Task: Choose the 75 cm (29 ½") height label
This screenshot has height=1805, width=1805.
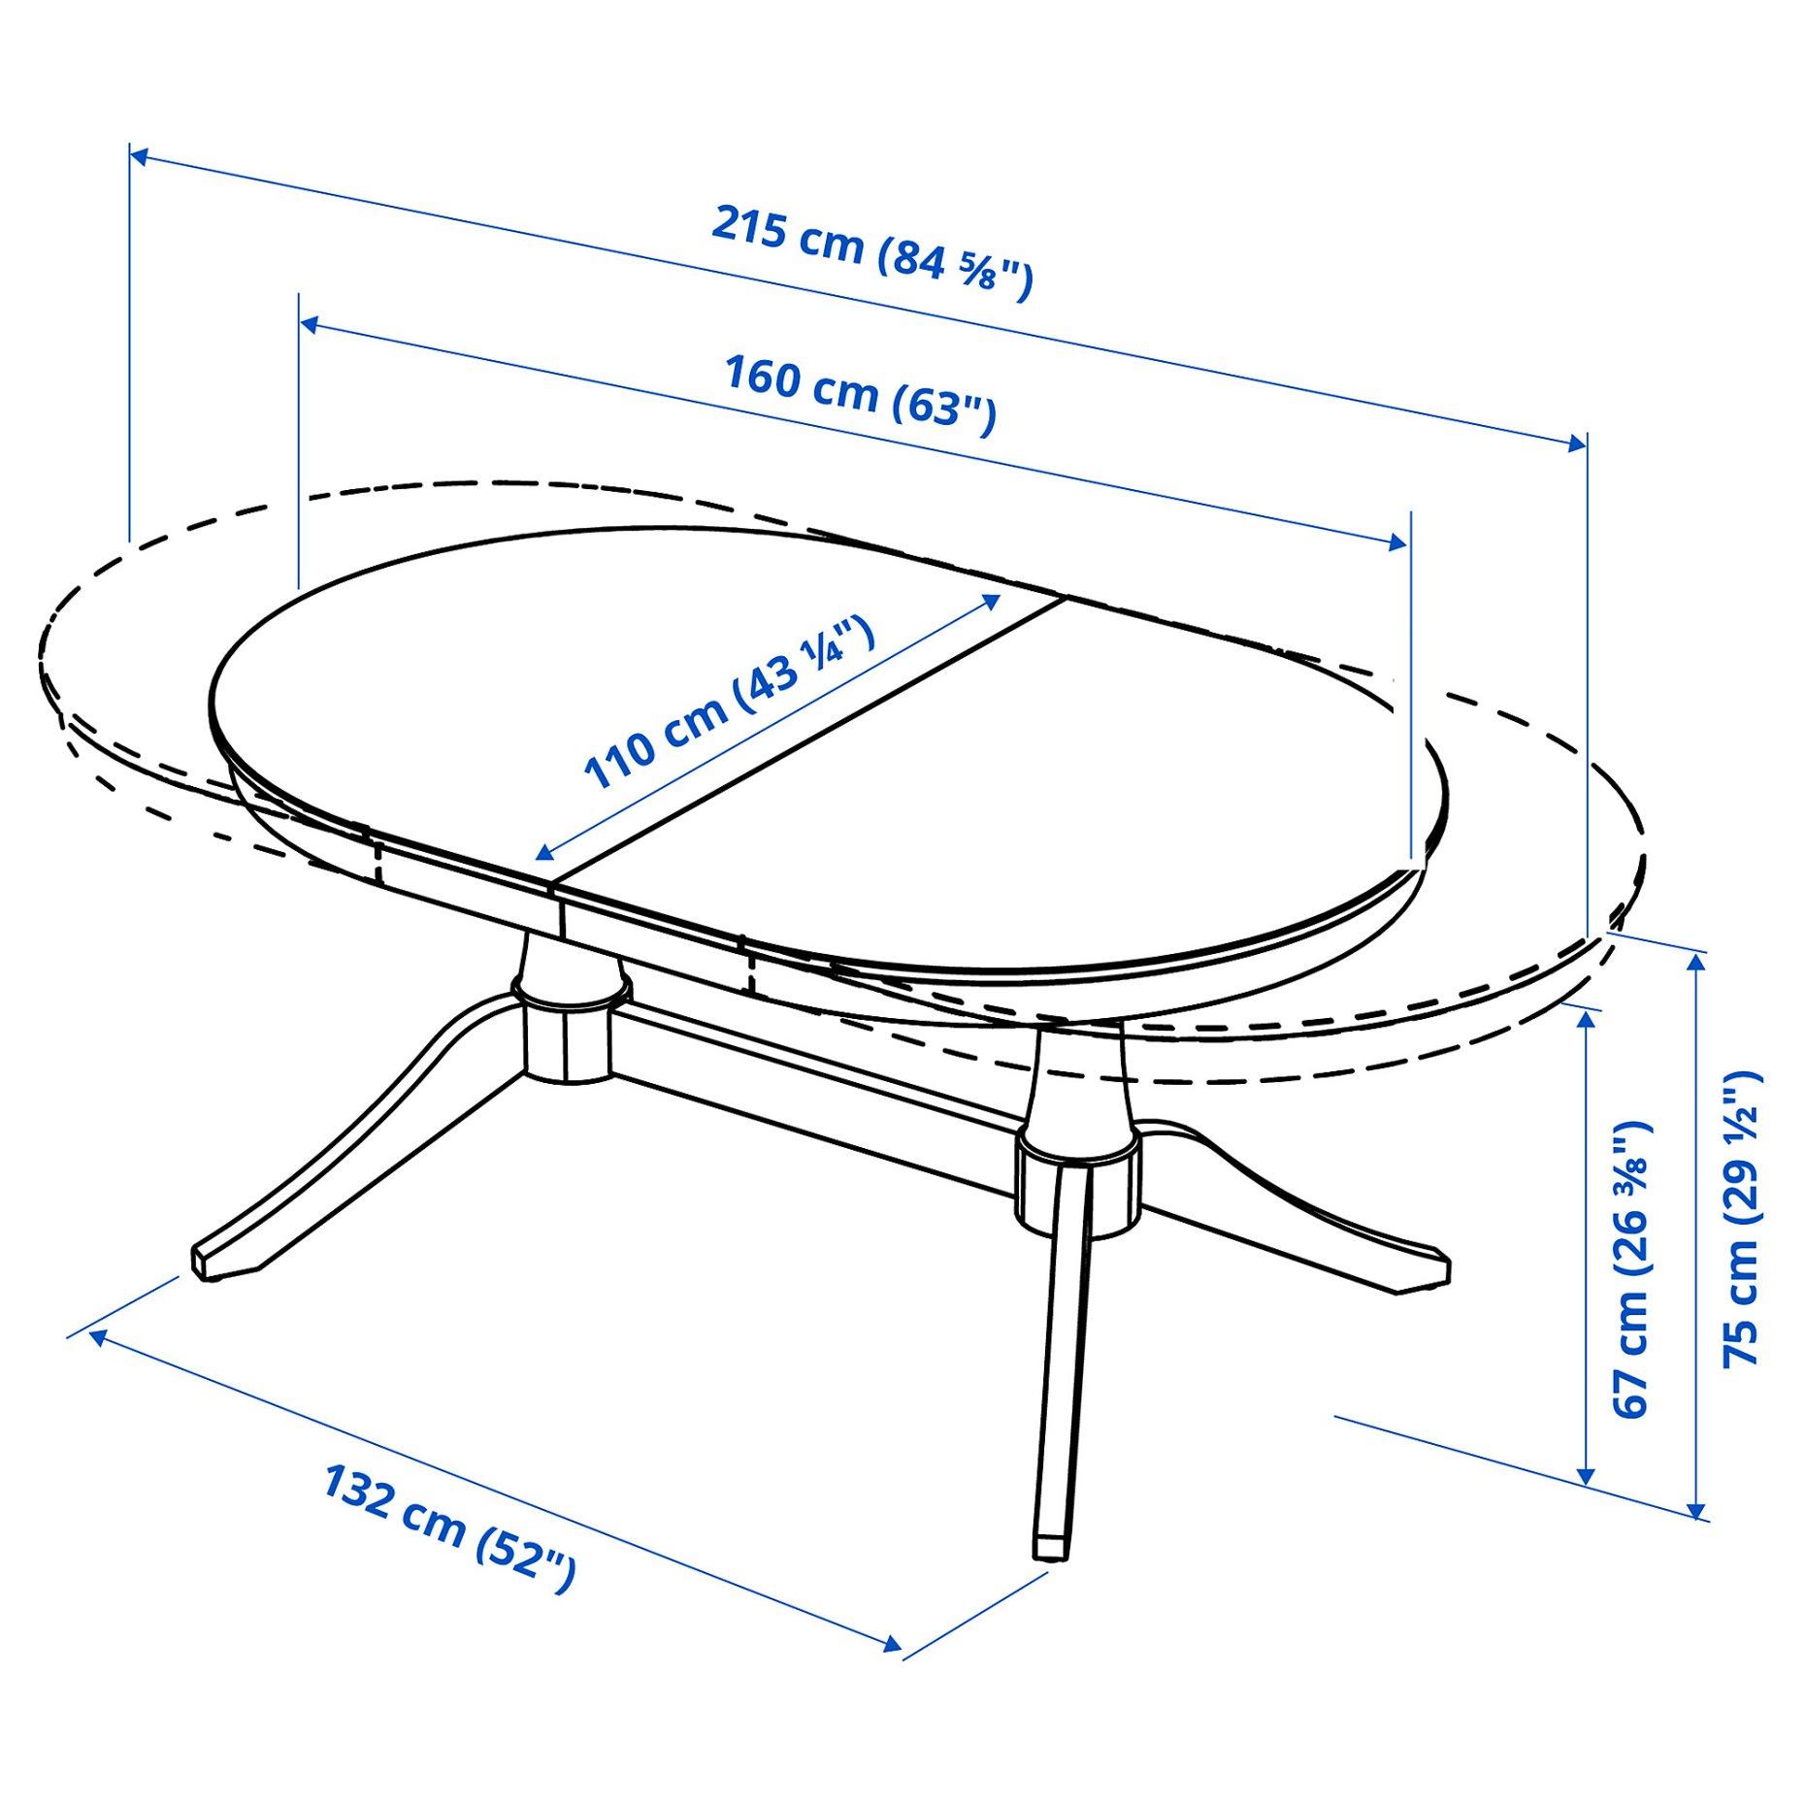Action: pyautogui.click(x=1741, y=1219)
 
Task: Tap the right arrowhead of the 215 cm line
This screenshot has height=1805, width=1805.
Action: pyautogui.click(x=1578, y=443)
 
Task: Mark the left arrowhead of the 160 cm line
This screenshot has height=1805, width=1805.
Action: pyautogui.click(x=309, y=323)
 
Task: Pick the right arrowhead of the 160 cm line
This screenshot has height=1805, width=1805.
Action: pyautogui.click(x=1398, y=542)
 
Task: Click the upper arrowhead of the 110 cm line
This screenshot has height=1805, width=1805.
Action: pyautogui.click(x=993, y=602)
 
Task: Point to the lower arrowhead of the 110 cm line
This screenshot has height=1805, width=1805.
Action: pyautogui.click(x=544, y=853)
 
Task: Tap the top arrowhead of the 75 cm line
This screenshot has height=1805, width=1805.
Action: pyautogui.click(x=1695, y=961)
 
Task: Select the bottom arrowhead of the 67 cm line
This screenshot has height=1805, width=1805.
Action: pyautogui.click(x=1587, y=1477)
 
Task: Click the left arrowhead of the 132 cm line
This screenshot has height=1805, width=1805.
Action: pyautogui.click(x=97, y=1338)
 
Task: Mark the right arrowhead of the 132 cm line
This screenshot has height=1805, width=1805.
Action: pyautogui.click(x=893, y=1644)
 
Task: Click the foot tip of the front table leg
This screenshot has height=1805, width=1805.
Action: pyautogui.click(x=1050, y=1549)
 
